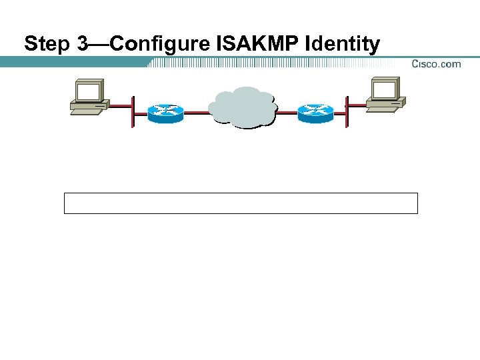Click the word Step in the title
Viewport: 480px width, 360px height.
(x=47, y=45)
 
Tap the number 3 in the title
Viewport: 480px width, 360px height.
(x=83, y=45)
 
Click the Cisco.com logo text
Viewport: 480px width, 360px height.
(x=436, y=64)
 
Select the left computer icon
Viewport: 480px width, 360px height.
(x=89, y=98)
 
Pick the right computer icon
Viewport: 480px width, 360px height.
(x=386, y=95)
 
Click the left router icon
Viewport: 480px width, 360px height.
(x=165, y=113)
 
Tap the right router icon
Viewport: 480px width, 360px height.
(x=315, y=113)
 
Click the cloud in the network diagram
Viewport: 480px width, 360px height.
(x=241, y=107)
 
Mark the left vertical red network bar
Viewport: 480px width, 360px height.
(x=133, y=111)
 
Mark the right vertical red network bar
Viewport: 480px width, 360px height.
(x=347, y=111)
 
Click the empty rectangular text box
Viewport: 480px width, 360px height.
(x=241, y=203)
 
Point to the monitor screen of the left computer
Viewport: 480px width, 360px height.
(x=87, y=91)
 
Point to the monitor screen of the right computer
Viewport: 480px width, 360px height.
(x=385, y=89)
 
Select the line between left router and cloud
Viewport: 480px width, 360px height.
(x=196, y=113)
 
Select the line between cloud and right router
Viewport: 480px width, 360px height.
(x=287, y=113)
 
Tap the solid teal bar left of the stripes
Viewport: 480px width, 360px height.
(x=73, y=61)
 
